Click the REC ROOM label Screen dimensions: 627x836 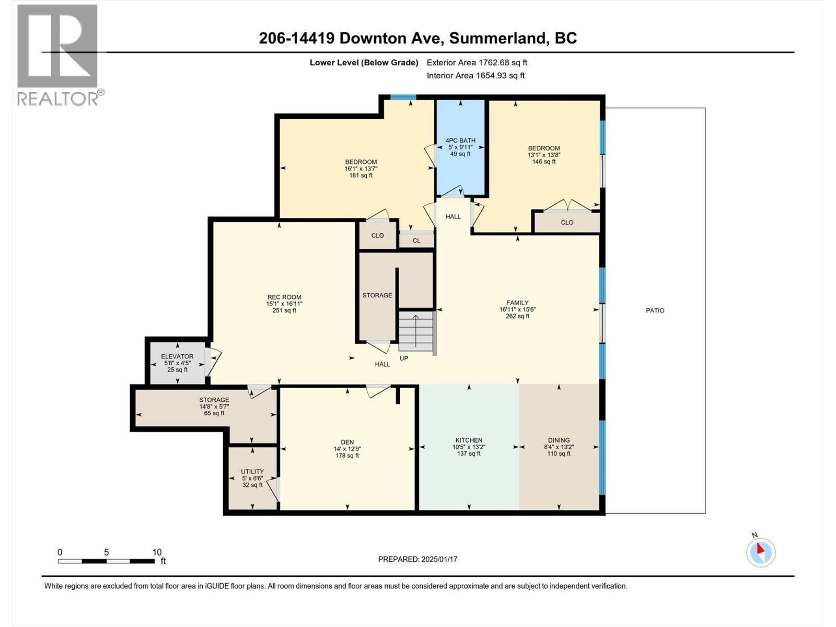(x=284, y=297)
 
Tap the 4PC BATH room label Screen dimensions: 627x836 (x=460, y=140)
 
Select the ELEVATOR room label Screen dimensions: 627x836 (x=177, y=356)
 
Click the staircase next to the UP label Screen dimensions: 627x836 (x=416, y=332)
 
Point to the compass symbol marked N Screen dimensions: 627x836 (x=761, y=552)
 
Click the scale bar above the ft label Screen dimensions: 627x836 (x=106, y=561)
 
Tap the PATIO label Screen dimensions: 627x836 (x=655, y=310)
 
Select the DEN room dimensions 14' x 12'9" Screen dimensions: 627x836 (x=347, y=449)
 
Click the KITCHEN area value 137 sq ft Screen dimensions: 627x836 (x=469, y=454)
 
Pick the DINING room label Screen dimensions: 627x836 (x=559, y=440)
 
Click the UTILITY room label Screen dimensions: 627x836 (x=252, y=471)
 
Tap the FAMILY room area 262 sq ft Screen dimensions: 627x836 (x=517, y=316)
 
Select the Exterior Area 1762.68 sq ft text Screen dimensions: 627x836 (x=477, y=63)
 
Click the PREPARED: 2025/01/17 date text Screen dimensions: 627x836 (x=417, y=559)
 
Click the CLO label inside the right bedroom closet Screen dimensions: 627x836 (x=567, y=223)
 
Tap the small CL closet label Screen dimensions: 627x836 (x=416, y=241)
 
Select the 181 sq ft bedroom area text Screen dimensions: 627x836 (x=361, y=176)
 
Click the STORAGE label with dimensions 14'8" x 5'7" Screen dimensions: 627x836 (x=214, y=400)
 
